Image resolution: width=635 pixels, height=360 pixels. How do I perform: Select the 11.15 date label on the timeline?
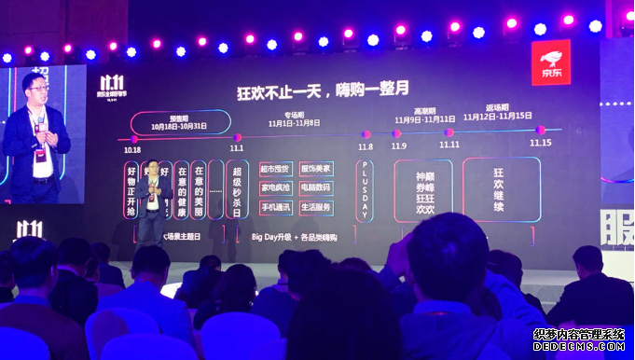pyautogui.click(x=540, y=143)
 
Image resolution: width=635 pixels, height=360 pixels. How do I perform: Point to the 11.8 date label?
pyautogui.click(x=366, y=146)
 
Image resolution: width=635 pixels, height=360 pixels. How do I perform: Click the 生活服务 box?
pyautogui.click(x=317, y=207)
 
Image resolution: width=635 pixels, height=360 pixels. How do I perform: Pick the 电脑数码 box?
pyautogui.click(x=317, y=188)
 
